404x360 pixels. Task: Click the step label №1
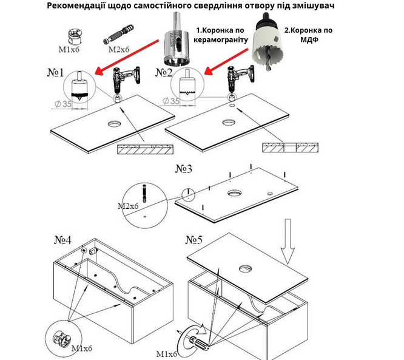coord(55,73)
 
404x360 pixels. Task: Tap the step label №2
coord(164,73)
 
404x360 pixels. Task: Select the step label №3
coord(184,169)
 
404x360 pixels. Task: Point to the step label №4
coord(62,240)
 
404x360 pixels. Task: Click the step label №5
coord(194,240)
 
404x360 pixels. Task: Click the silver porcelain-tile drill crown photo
coord(176,39)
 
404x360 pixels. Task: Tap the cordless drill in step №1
coord(126,80)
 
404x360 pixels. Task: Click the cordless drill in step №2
coord(240,80)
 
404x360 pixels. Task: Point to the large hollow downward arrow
coord(288,241)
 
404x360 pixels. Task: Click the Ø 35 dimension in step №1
coord(63,104)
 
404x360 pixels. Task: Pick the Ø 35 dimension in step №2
coord(171,101)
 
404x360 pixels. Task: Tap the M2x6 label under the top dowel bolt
coord(118,49)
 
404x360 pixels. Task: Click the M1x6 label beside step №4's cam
coord(82,348)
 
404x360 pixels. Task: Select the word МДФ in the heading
coord(309,40)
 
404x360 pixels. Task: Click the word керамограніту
coord(221,40)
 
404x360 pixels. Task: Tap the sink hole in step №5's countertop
coord(246,269)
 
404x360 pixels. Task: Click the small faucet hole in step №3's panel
coord(270,194)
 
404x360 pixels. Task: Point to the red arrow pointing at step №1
coord(127,57)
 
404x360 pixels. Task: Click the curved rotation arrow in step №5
coord(191,335)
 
